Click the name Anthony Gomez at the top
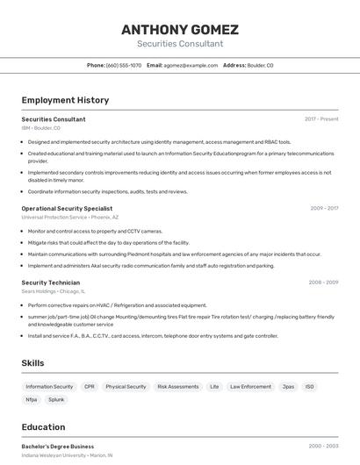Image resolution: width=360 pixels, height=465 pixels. pos(180,29)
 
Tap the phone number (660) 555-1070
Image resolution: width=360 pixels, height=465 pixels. pos(124,65)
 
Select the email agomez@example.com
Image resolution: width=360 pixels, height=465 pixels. pos(190,65)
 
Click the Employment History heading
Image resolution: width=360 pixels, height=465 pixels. pos(65,100)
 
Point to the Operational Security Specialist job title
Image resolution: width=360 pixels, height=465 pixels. pos(67,209)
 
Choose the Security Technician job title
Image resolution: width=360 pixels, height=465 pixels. pos(51,283)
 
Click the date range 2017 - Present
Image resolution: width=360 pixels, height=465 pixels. pos(321,119)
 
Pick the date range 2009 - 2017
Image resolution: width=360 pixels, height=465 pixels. pos(324,209)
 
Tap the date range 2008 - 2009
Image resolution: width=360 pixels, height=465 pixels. pos(323,283)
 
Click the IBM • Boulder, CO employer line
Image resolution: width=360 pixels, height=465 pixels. pos(41,128)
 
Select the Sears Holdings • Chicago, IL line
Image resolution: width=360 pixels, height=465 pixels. pos(54,291)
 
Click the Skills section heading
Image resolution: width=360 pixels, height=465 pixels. pos(33,362)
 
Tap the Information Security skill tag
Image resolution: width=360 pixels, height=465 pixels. pos(49,387)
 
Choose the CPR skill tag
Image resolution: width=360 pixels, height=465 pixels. pos(90,387)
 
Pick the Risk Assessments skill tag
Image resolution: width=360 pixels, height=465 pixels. pos(177,387)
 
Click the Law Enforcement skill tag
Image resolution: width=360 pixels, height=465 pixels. pos(250,387)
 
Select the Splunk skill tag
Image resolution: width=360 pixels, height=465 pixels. pos(56,400)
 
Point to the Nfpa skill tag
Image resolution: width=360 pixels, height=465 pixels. pos(32,400)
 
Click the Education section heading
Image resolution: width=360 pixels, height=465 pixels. pos(43,427)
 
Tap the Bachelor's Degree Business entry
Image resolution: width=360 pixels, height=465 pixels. pos(58,447)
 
